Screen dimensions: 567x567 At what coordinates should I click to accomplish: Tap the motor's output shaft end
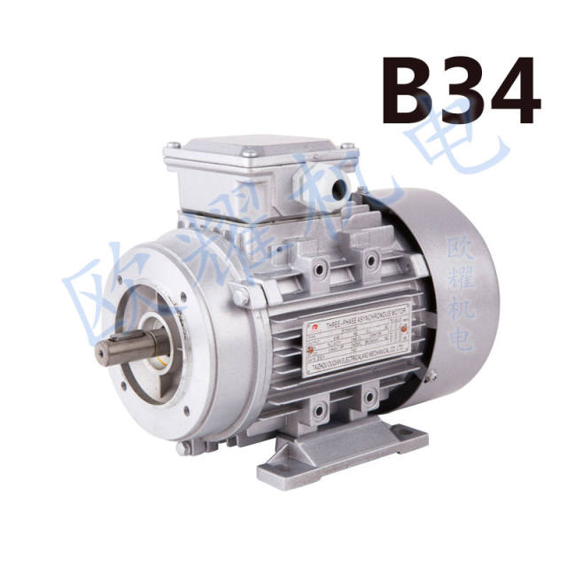(x=111, y=347)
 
